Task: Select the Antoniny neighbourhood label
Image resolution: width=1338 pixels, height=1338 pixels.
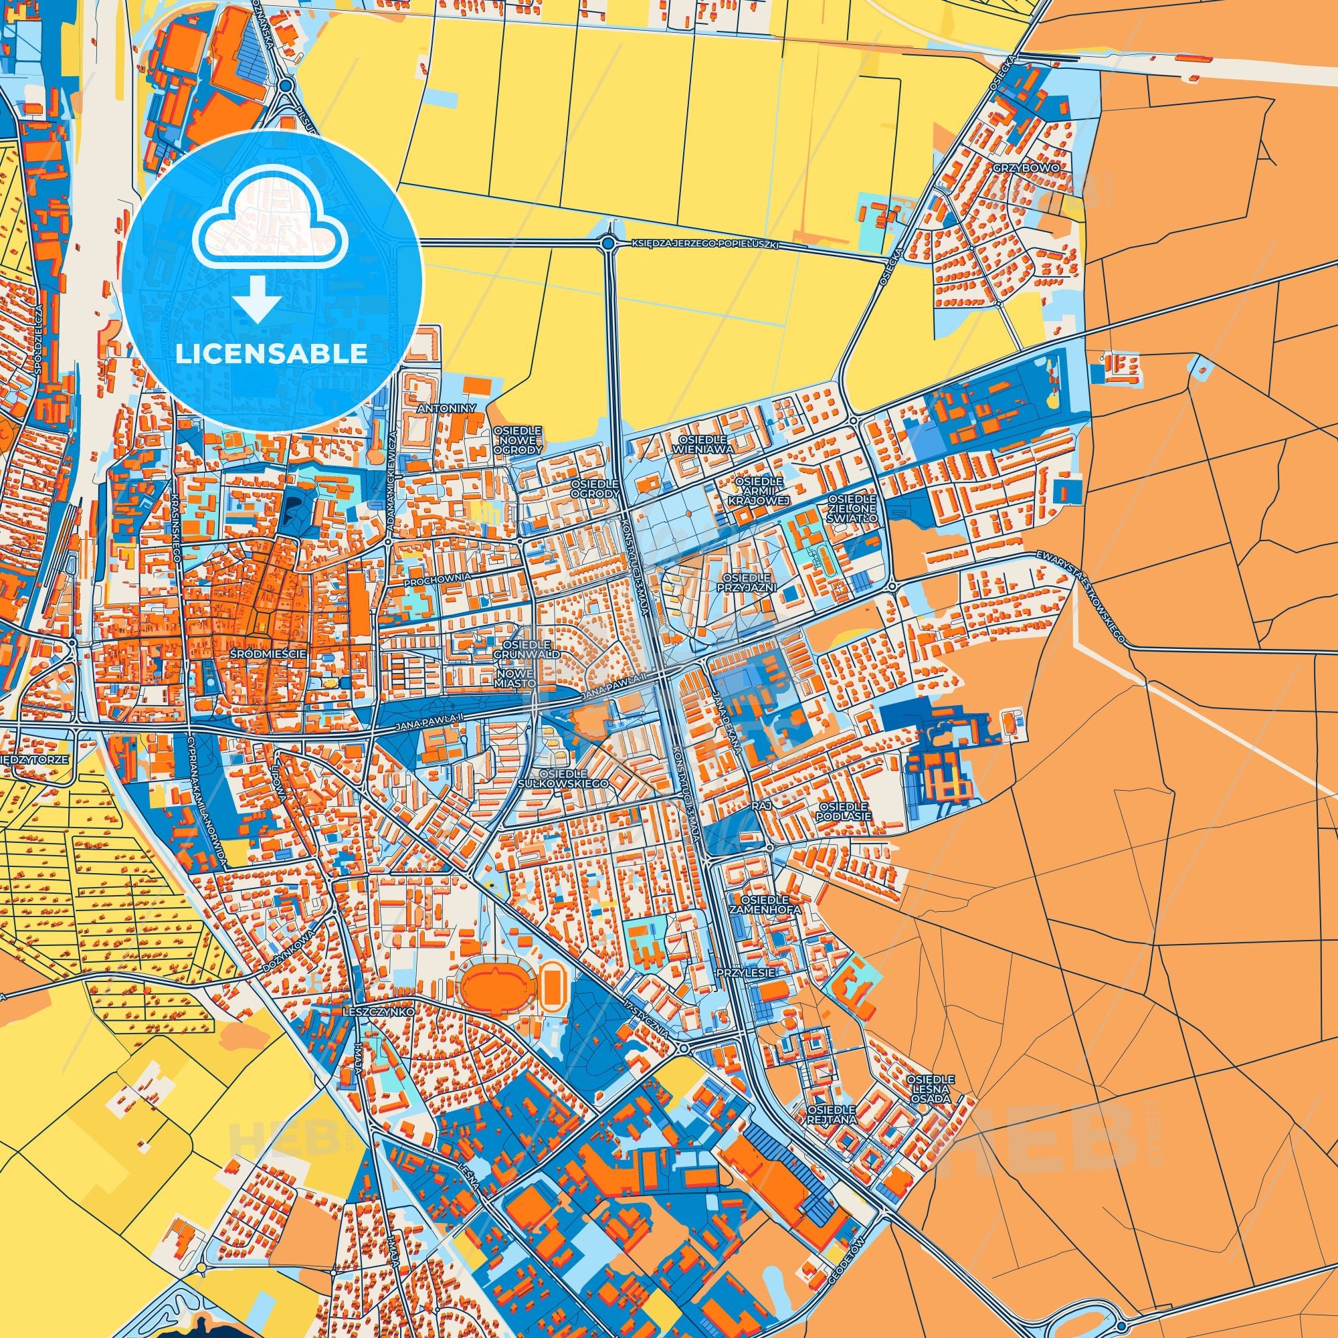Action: point(446,409)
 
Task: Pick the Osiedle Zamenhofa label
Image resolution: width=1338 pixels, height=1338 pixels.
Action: point(765,904)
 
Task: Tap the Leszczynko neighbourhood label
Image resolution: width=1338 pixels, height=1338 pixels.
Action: point(378,1012)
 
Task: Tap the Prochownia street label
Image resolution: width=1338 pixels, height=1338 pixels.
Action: point(438,575)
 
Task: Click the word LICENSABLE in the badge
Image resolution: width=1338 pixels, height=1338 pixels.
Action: point(272,354)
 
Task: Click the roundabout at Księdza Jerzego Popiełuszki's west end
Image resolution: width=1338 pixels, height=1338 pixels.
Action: point(608,242)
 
